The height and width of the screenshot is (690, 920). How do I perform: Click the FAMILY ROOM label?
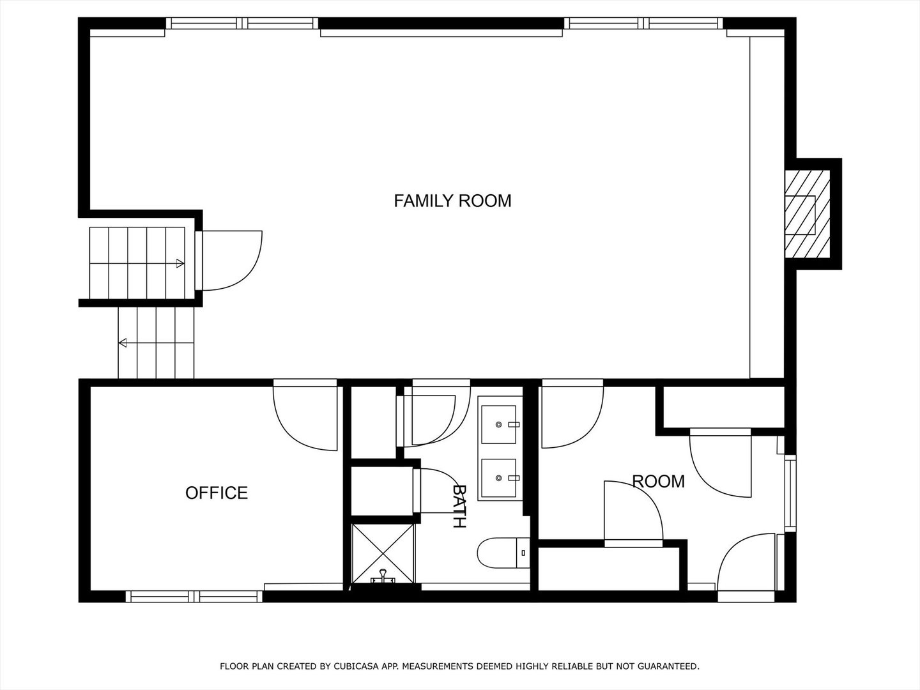coord(452,201)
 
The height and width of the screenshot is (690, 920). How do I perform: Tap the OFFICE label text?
coord(217,493)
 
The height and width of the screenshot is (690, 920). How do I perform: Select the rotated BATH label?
coord(459,506)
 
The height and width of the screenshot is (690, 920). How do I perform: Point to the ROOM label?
coord(658,481)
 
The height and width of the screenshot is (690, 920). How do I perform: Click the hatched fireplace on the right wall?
coord(807,214)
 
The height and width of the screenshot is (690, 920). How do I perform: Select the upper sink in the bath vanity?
coord(499,424)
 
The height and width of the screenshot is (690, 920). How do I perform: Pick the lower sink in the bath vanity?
coord(499,478)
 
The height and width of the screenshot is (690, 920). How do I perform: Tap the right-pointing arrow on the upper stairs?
coord(179,263)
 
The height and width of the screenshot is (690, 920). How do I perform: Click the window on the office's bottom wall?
coord(194,596)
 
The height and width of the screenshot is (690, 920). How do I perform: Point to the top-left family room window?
coord(243,24)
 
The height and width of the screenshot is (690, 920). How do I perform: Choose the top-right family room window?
coord(644,24)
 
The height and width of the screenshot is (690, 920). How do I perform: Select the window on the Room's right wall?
coord(790,492)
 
